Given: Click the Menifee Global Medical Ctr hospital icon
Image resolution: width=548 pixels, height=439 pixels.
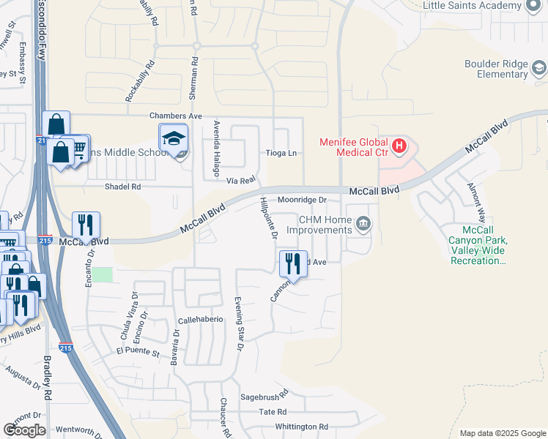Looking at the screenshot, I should (x=399, y=146).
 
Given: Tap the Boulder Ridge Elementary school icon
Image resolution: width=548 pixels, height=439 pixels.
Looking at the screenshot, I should (x=539, y=69).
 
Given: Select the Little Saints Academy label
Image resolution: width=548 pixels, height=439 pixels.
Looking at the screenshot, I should (x=473, y=6).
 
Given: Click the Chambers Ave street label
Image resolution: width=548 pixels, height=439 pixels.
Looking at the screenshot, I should (x=175, y=116).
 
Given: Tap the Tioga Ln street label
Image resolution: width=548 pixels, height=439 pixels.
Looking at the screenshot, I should (x=283, y=153).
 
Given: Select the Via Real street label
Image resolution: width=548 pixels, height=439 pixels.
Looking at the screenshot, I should (x=240, y=179).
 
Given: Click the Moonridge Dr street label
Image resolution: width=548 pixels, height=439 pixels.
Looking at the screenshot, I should (x=302, y=200).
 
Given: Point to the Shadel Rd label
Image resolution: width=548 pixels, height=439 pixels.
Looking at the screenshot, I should (x=122, y=187).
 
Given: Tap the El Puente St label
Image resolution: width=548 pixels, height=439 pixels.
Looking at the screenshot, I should (x=137, y=353).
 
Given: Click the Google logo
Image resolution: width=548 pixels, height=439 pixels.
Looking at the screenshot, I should (x=24, y=430).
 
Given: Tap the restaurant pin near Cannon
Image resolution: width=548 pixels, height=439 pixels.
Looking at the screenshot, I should (x=293, y=263).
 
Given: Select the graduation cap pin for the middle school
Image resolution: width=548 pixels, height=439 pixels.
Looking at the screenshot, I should (x=174, y=138).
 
